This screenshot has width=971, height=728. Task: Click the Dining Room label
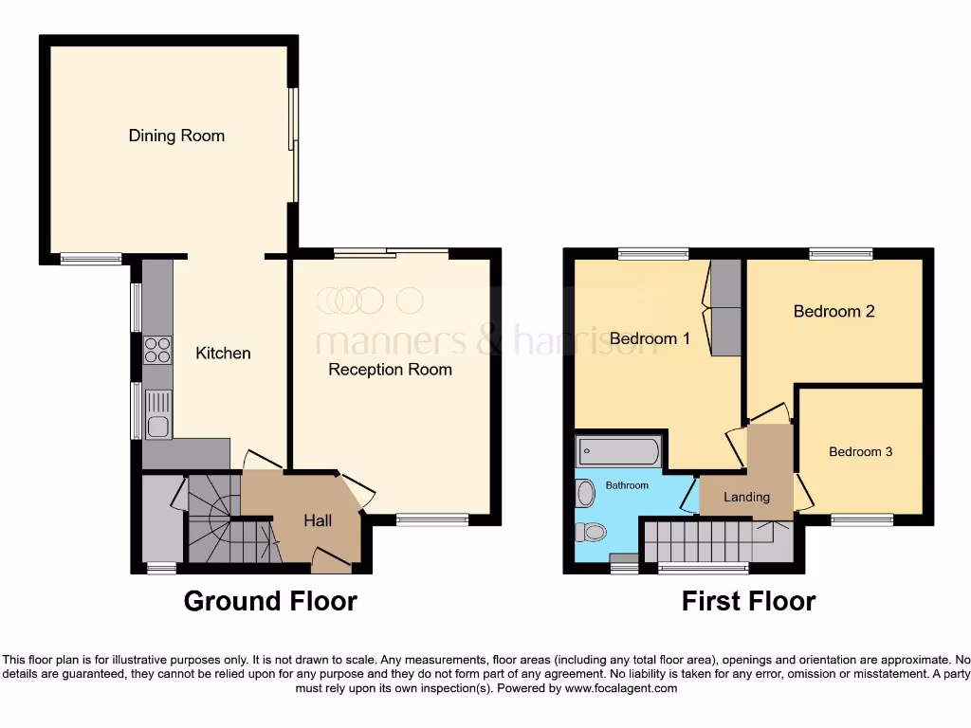click(x=176, y=136)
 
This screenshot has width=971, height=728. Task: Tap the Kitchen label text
click(x=223, y=354)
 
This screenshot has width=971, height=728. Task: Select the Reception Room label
click(x=390, y=370)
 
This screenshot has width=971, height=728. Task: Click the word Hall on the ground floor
click(x=318, y=520)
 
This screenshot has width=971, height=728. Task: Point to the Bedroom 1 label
click(x=650, y=338)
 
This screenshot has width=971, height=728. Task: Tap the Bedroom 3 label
click(x=860, y=452)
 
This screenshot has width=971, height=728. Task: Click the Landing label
click(x=746, y=497)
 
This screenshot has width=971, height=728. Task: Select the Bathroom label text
click(x=627, y=485)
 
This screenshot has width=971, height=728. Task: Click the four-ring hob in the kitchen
click(x=157, y=351)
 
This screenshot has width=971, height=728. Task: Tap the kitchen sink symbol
click(x=157, y=415)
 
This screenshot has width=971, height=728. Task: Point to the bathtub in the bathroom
click(x=617, y=452)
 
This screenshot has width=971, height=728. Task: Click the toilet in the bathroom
click(x=593, y=532)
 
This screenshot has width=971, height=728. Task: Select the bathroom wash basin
click(x=585, y=493)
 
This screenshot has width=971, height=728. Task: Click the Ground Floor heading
click(x=270, y=601)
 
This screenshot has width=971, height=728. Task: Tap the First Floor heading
click(x=748, y=601)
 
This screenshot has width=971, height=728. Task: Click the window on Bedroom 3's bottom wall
click(x=862, y=519)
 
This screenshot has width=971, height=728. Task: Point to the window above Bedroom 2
click(x=840, y=253)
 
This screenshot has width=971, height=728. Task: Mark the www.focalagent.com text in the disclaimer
click(x=621, y=689)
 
